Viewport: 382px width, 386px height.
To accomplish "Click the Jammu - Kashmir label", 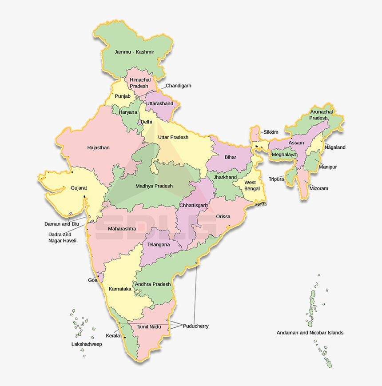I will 134,52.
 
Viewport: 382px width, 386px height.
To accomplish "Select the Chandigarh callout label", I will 179,86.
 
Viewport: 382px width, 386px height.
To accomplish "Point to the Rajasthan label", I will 98,147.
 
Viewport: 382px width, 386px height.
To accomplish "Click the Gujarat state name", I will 79,188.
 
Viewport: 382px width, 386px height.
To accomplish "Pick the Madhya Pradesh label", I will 154,186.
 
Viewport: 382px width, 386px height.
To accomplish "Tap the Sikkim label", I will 271,132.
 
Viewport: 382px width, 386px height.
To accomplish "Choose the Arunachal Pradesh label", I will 319,115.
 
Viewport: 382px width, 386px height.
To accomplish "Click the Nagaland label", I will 335,147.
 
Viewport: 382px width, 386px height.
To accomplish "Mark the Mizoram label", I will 318,188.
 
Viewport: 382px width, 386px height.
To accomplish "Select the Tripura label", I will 276,179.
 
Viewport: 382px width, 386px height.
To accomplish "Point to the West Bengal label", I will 250,185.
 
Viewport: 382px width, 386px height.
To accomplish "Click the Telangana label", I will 159,245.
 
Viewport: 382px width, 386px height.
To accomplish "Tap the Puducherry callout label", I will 195,326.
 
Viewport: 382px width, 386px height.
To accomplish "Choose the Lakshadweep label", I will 87,344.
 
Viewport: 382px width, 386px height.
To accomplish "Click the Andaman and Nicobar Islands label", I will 310,333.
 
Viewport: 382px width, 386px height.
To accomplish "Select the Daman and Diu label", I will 62,224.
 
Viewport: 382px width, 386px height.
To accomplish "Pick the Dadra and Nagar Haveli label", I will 62,238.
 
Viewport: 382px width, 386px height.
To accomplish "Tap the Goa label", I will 92,280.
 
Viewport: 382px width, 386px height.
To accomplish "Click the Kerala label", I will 113,336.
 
